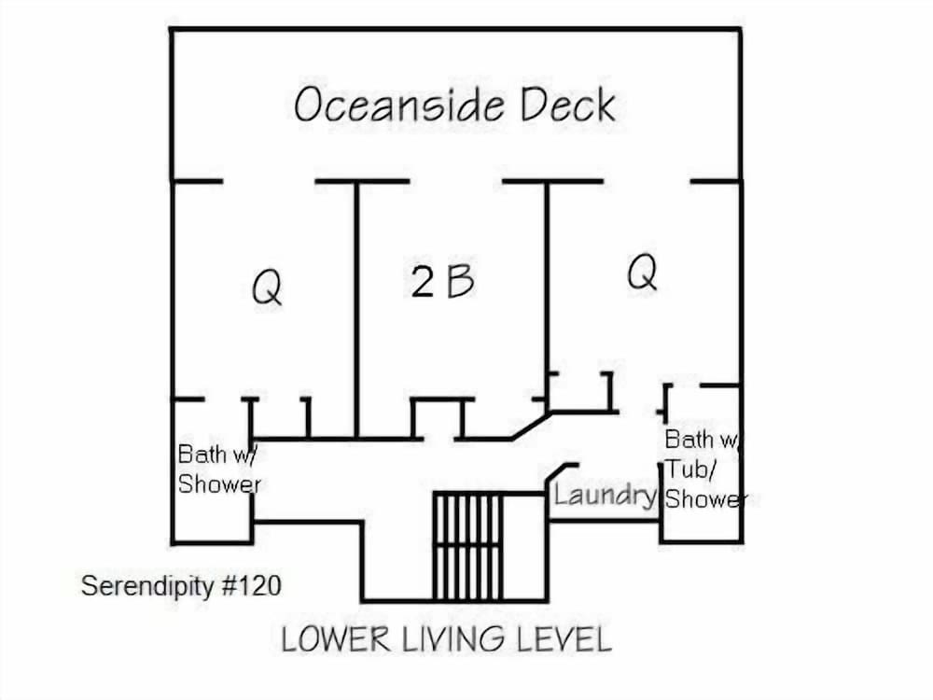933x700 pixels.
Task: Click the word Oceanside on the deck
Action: point(398,105)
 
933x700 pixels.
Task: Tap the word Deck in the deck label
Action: point(567,105)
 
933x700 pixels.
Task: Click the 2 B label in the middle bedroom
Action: point(442,281)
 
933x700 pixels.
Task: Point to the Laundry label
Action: point(603,495)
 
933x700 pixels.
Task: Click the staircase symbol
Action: point(468,546)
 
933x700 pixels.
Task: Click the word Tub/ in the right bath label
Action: point(690,469)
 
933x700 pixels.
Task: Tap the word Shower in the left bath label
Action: point(219,483)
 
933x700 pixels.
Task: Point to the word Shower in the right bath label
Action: point(705,498)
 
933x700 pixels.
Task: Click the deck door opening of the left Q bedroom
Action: point(269,181)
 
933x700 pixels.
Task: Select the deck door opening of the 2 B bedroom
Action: point(456,181)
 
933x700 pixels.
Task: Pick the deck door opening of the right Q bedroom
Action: point(647,181)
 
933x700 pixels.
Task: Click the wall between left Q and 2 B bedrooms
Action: point(356,310)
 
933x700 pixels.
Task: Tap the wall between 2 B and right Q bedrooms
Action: point(547,296)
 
